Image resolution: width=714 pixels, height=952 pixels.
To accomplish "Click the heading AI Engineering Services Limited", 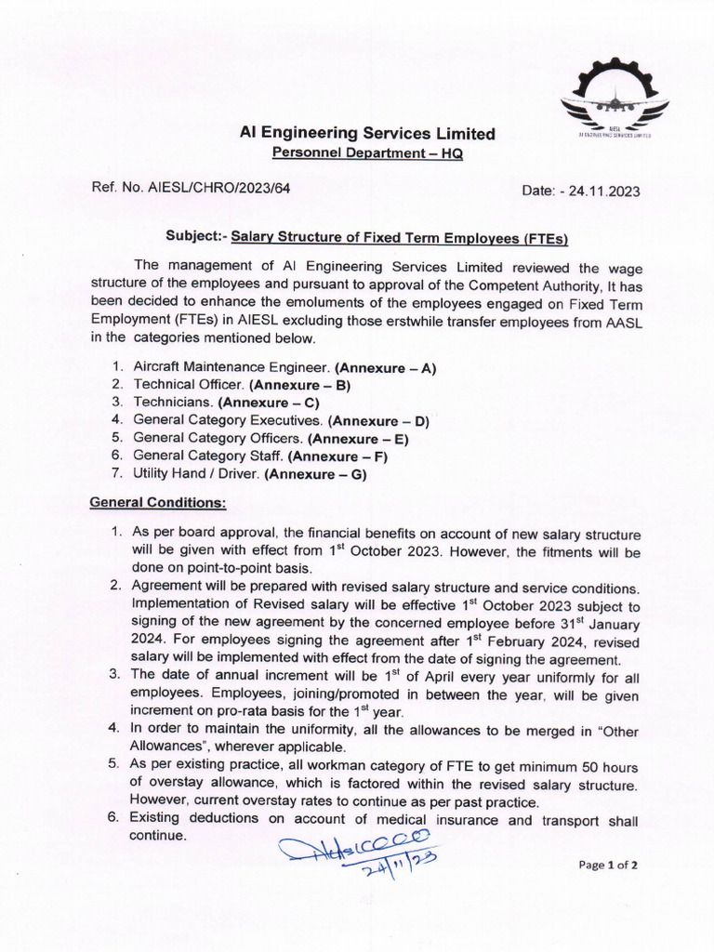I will click(x=367, y=134).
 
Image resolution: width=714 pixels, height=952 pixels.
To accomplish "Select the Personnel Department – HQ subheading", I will click(x=366, y=152).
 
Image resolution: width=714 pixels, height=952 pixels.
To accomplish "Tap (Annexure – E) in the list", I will click(x=359, y=438).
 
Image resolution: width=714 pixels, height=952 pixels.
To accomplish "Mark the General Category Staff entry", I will click(x=208, y=456).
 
